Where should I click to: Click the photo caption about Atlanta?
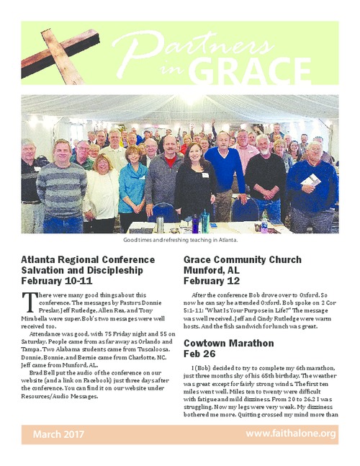[180, 239]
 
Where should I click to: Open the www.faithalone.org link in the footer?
[291, 434]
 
